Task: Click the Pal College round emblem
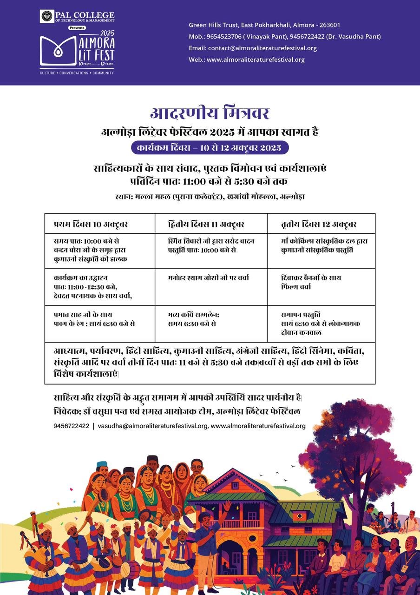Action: [47, 16]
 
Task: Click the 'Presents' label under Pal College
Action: [77, 28]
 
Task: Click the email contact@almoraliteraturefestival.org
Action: [262, 48]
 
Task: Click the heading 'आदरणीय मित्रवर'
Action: [210, 113]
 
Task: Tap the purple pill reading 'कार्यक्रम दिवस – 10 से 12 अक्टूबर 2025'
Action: [210, 148]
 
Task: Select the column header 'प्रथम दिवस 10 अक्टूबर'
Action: [91, 224]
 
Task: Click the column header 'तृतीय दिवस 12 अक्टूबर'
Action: [319, 224]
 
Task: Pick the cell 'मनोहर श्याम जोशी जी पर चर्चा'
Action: [209, 278]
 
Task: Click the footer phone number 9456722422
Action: [71, 426]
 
